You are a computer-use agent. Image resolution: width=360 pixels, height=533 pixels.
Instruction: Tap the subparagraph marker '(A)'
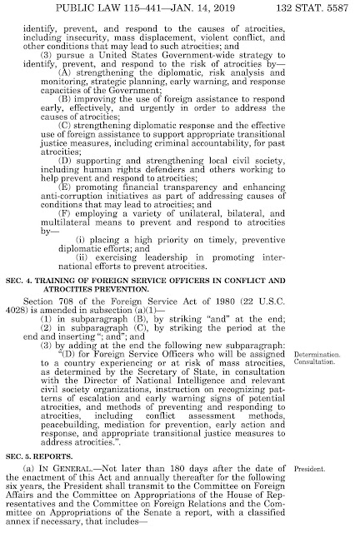86,70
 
